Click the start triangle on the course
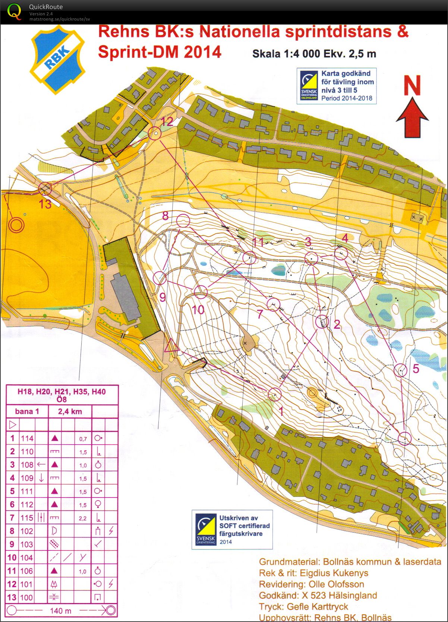(x=171, y=346)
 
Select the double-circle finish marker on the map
(x=16, y=225)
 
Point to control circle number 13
(x=45, y=189)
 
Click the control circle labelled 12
(x=155, y=133)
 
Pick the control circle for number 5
(x=401, y=370)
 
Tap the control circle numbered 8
(x=183, y=221)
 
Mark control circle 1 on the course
(x=275, y=394)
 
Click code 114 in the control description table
(x=27, y=438)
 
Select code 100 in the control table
(x=26, y=597)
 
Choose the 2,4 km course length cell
(x=70, y=411)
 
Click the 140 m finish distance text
(x=61, y=611)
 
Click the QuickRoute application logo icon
(x=14, y=12)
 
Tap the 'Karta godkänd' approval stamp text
(x=346, y=73)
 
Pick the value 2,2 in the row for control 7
(x=83, y=518)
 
